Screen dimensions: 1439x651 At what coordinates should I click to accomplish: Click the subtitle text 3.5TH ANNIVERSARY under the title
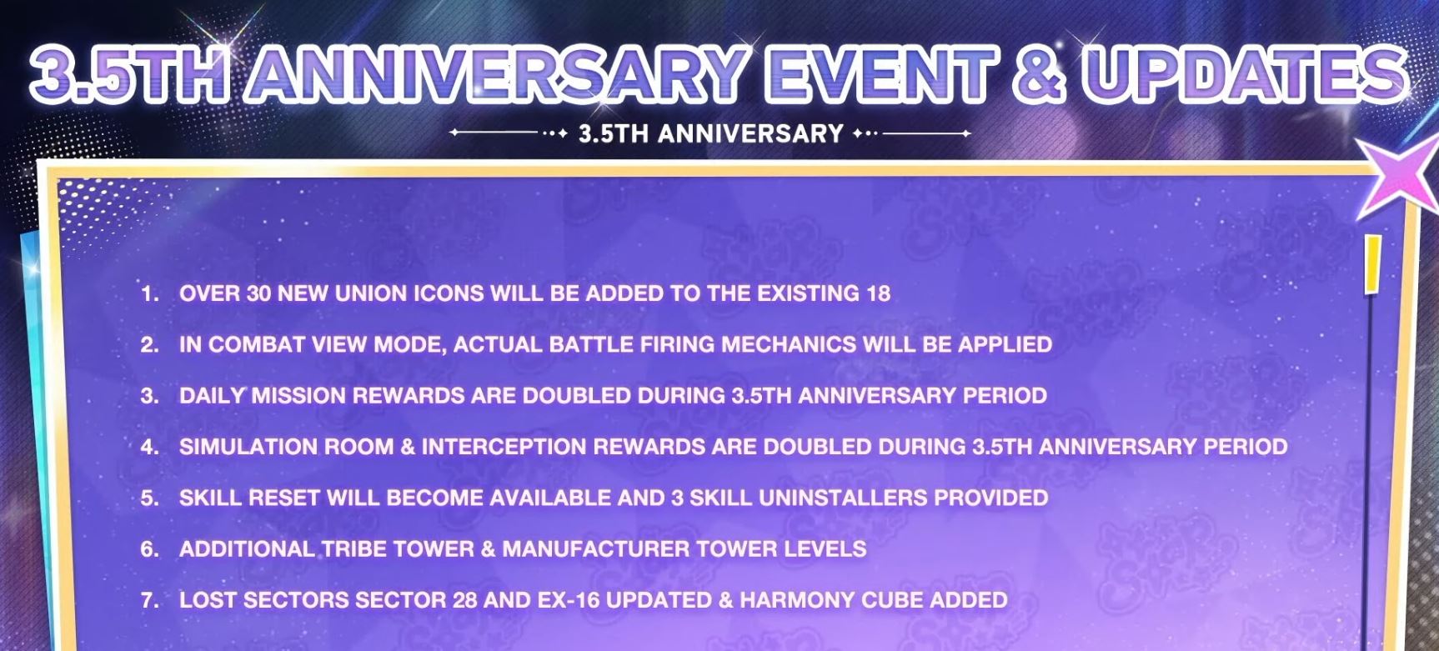point(711,133)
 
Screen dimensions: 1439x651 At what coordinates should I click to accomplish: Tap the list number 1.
point(150,293)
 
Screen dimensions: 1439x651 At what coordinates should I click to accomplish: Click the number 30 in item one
point(258,293)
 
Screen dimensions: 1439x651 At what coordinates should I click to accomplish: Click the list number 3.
point(150,396)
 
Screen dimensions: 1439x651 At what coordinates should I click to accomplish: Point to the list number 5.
point(150,498)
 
